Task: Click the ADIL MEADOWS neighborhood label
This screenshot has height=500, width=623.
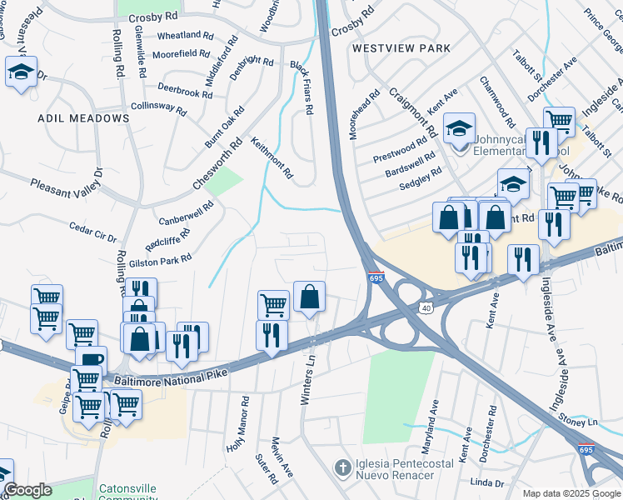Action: (83, 118)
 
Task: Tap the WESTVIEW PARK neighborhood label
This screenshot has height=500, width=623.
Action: (401, 48)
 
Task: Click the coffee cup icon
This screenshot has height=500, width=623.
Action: (92, 360)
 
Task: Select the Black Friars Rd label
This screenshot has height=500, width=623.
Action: (301, 87)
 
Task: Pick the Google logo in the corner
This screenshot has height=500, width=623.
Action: (27, 490)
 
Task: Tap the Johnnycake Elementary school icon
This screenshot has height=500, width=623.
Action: (458, 128)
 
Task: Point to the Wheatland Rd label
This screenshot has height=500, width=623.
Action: (179, 35)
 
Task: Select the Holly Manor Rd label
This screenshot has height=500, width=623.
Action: (237, 424)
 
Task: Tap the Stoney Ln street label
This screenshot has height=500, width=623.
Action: (581, 422)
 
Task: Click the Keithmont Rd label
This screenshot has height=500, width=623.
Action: (272, 158)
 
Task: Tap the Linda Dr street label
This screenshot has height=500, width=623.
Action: (487, 482)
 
